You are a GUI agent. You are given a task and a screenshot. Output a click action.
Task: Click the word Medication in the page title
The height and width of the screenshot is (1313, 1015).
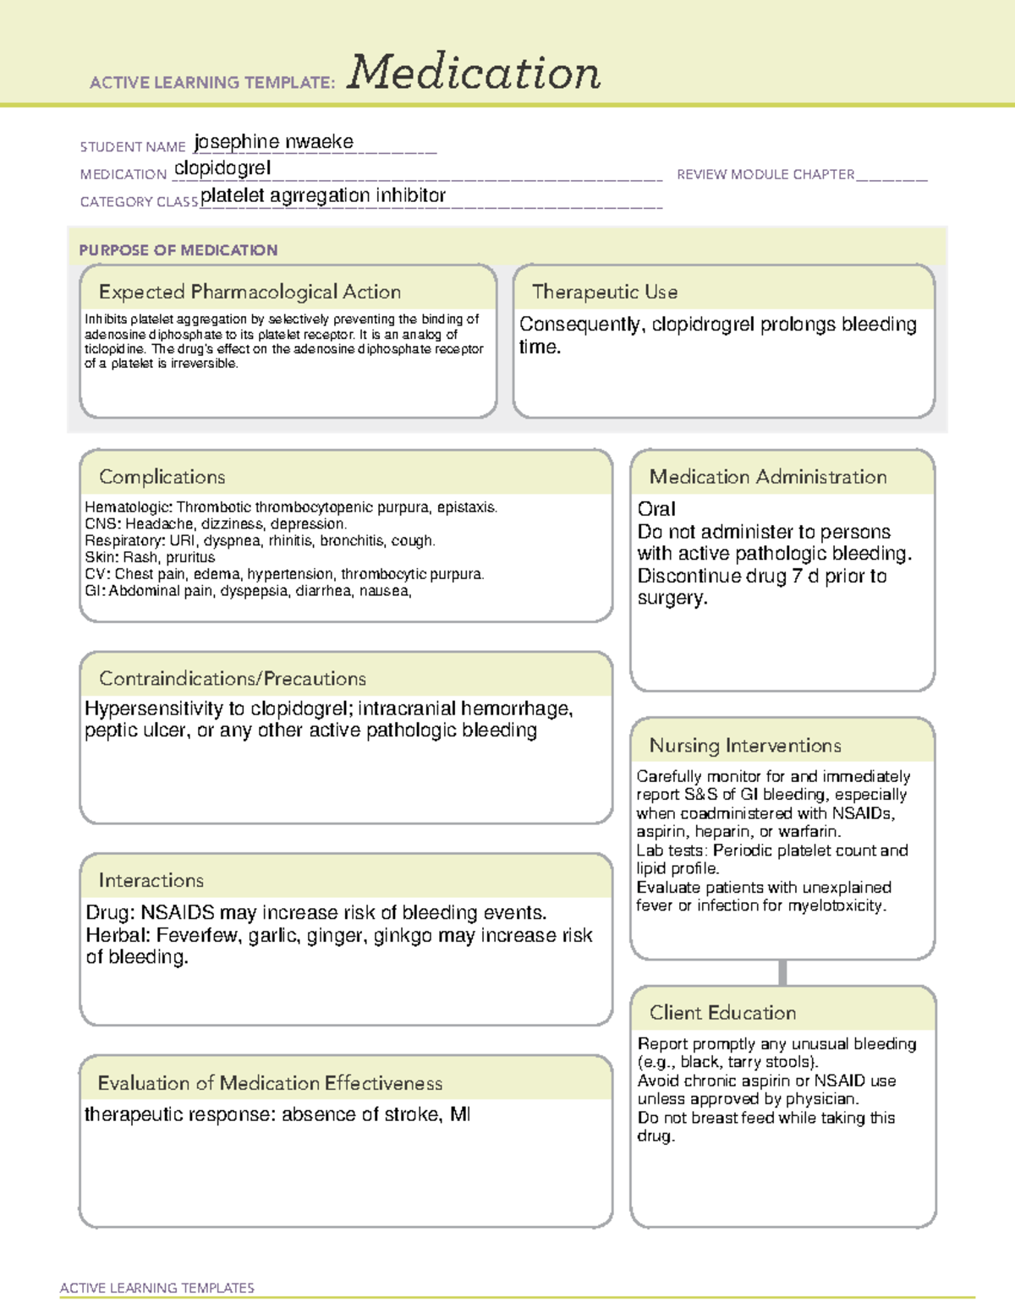pyautogui.click(x=474, y=73)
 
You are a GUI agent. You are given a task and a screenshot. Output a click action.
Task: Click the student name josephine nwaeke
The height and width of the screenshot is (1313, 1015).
pyautogui.click(x=273, y=142)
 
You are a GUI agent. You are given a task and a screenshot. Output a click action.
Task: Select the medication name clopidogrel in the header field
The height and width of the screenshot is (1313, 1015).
pyautogui.click(x=222, y=168)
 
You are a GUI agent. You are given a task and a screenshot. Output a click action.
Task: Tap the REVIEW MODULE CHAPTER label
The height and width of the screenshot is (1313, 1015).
pyautogui.click(x=765, y=174)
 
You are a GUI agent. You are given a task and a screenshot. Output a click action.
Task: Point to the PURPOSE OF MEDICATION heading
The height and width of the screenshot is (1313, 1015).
pyautogui.click(x=178, y=250)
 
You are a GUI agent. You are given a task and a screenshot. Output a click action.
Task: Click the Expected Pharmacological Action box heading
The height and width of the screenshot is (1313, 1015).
pyautogui.click(x=250, y=292)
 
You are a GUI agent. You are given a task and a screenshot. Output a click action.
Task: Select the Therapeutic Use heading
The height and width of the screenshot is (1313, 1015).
pyautogui.click(x=604, y=292)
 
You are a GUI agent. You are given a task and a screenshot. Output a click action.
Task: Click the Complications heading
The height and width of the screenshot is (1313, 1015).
pyautogui.click(x=162, y=477)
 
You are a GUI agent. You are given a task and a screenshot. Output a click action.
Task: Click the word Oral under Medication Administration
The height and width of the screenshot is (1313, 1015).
pyautogui.click(x=656, y=509)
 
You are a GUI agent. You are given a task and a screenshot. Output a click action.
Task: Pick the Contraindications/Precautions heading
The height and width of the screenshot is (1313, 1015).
pyautogui.click(x=232, y=678)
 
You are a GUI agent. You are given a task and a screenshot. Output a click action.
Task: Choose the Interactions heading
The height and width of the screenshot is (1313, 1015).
pyautogui.click(x=151, y=880)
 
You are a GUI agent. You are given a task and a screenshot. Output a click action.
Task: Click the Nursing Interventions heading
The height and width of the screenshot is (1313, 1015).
pyautogui.click(x=744, y=745)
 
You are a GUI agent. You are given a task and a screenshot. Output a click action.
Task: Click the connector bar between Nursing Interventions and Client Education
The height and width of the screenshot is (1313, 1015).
pyautogui.click(x=782, y=972)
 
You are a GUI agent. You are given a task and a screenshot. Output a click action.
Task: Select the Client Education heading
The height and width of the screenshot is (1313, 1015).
pyautogui.click(x=722, y=1012)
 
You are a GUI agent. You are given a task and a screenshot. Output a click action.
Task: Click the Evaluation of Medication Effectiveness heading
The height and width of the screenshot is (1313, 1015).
pyautogui.click(x=270, y=1083)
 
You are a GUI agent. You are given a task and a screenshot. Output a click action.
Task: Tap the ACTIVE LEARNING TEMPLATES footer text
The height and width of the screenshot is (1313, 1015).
pyautogui.click(x=156, y=1288)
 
